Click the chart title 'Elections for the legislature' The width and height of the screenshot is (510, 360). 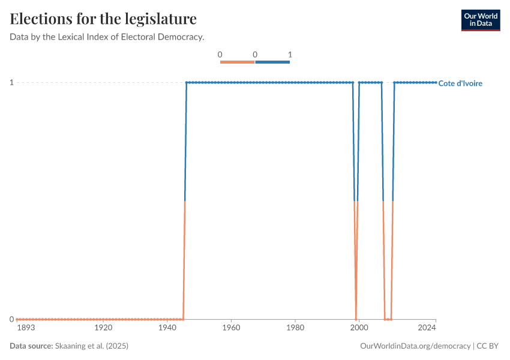coord(103,19)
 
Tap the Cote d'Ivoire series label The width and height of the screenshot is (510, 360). coord(460,83)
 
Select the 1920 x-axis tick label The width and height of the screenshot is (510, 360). coord(104,328)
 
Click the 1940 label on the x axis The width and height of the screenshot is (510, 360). coord(167,328)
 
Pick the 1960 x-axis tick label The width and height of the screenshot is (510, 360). coord(231,328)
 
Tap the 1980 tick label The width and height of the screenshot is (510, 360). coord(295,328)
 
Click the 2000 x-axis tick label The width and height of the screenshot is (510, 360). coord(359,328)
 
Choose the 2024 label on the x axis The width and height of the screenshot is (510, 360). coord(427,328)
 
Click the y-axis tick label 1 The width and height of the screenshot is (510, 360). coord(11,82)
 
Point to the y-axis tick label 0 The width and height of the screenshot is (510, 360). coord(11,319)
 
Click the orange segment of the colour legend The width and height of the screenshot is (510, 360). coord(238,62)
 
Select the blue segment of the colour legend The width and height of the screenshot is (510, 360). coord(272,62)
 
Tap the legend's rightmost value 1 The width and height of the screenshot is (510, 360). coord(290,55)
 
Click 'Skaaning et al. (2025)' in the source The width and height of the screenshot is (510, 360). coord(91,346)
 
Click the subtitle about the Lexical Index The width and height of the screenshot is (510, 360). coord(107,37)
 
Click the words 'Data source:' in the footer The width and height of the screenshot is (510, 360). coord(31,346)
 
